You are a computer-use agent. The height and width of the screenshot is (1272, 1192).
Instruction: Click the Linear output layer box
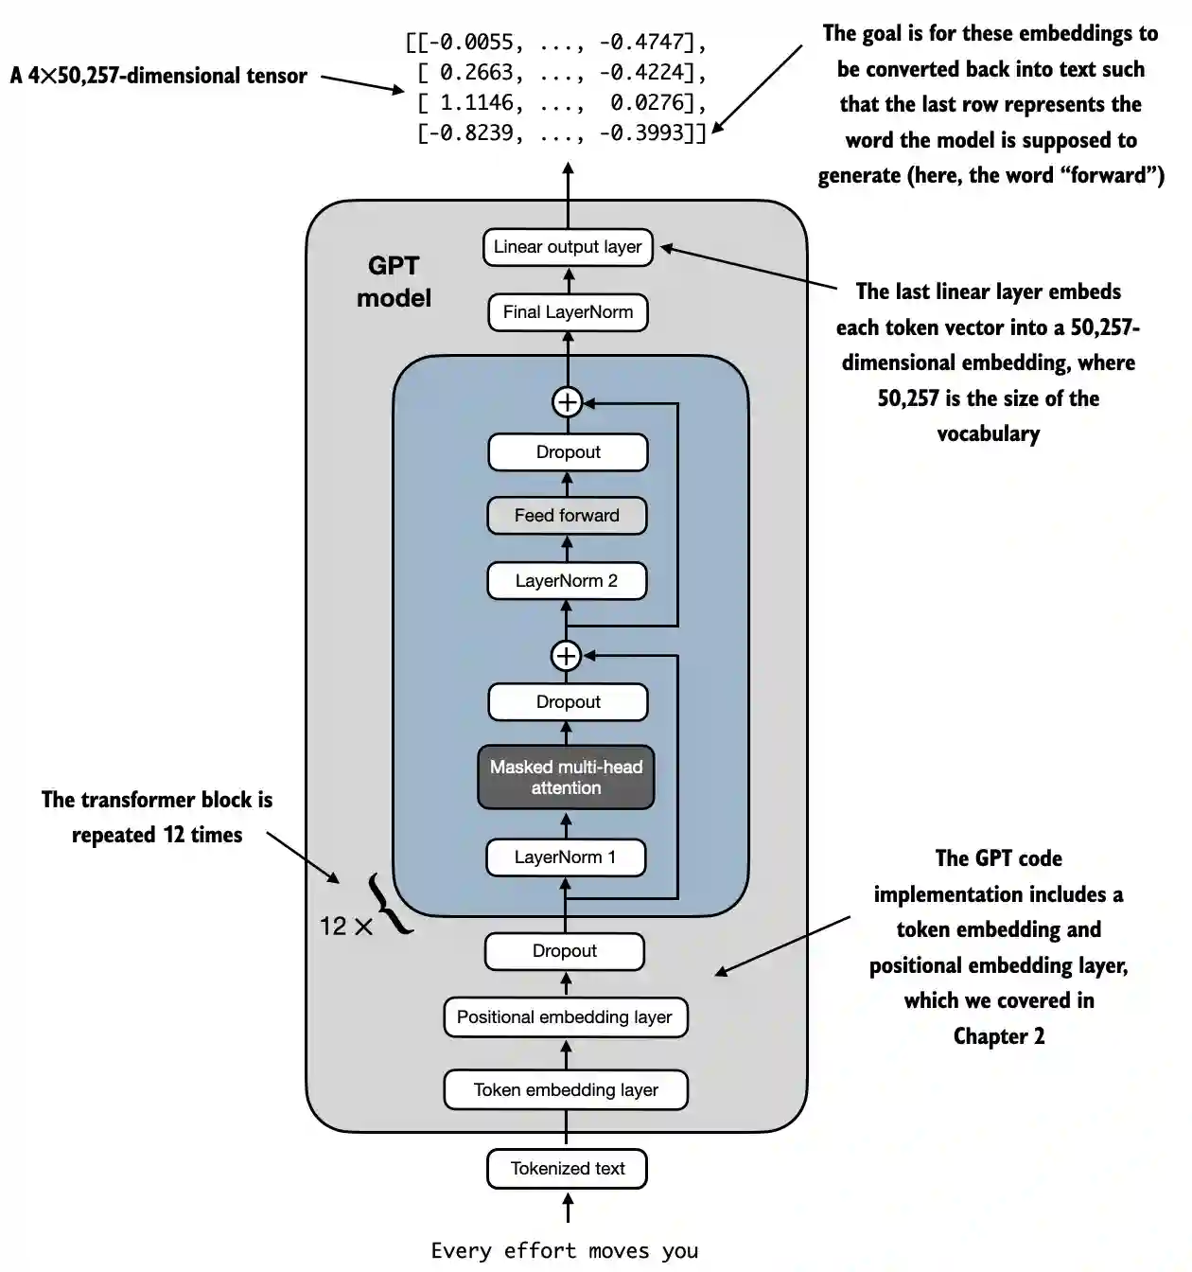(x=568, y=247)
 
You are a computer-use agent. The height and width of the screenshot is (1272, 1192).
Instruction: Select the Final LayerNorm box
(x=568, y=312)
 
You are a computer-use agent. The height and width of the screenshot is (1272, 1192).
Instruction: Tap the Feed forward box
(x=567, y=516)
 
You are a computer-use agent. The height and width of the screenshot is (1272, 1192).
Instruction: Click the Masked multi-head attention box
(x=566, y=777)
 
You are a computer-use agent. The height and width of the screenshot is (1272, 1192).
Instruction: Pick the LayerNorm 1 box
(x=566, y=857)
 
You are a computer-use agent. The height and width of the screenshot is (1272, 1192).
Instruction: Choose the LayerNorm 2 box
(x=567, y=581)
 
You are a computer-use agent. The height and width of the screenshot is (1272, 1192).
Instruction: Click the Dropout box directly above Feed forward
(x=568, y=452)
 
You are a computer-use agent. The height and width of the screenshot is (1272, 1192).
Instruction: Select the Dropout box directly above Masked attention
(x=568, y=702)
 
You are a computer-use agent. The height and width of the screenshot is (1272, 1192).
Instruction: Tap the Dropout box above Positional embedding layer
(x=565, y=951)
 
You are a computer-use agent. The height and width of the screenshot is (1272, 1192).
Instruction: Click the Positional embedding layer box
(x=565, y=1017)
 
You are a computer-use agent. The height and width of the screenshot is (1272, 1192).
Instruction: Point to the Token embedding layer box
(x=566, y=1090)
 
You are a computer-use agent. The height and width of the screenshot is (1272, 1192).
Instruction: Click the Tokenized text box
(x=568, y=1169)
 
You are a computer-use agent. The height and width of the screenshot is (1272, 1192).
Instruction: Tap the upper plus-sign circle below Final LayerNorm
(x=567, y=402)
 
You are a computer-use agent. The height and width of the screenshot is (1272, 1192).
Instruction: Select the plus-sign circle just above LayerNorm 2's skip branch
(x=566, y=655)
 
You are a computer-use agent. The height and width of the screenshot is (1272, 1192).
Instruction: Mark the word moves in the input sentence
(x=619, y=1251)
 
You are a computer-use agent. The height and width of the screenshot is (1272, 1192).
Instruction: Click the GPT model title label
(x=394, y=282)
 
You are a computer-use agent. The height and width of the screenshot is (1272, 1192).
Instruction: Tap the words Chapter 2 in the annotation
(x=999, y=1036)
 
